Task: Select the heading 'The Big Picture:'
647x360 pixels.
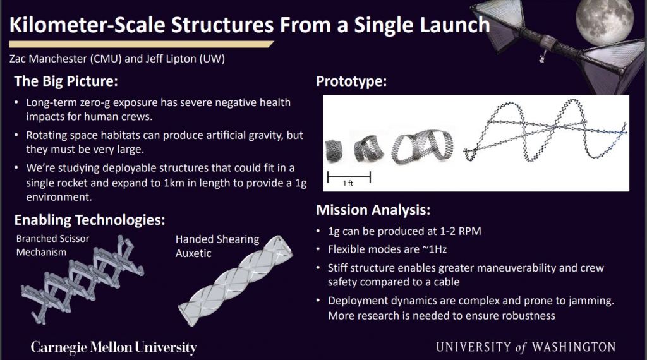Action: [66, 81]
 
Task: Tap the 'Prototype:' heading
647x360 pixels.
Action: [351, 81]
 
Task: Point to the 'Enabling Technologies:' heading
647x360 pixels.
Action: [89, 220]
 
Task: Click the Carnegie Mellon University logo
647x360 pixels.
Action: [114, 347]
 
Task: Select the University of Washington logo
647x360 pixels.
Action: [525, 347]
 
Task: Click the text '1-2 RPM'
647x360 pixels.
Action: [459, 231]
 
